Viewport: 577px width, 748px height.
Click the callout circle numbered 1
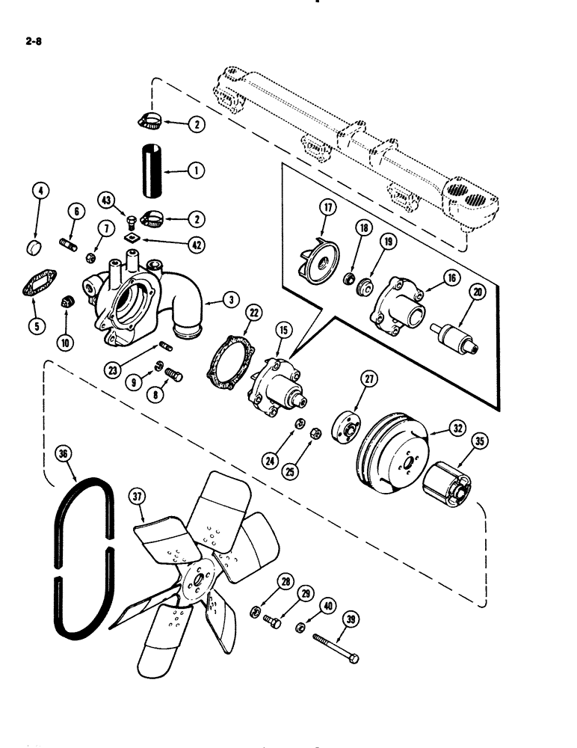click(x=198, y=171)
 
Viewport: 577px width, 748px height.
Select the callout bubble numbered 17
click(x=327, y=207)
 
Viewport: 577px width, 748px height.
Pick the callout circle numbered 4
click(x=41, y=191)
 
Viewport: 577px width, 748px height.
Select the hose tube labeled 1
click(x=149, y=171)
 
